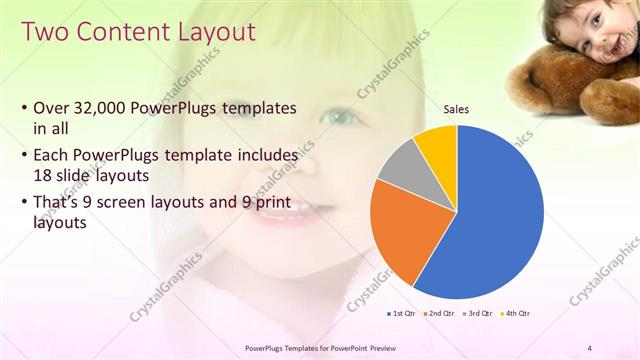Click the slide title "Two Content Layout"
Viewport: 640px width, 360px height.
coord(137,33)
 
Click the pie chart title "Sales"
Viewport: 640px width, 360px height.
coord(456,109)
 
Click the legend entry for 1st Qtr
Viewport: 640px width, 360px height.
coord(401,313)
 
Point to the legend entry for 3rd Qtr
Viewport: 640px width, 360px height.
coord(476,313)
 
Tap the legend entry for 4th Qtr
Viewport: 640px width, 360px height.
coord(514,313)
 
